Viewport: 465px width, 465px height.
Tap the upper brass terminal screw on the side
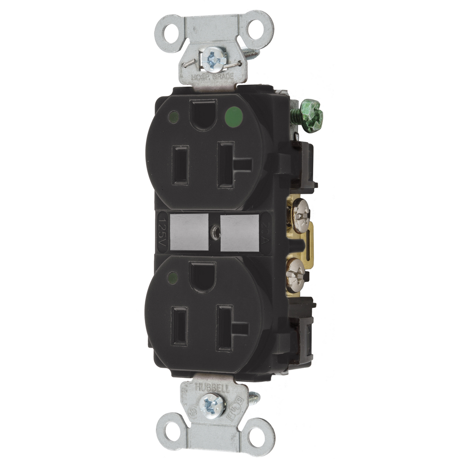(301, 215)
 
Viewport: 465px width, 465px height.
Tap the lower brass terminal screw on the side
(295, 275)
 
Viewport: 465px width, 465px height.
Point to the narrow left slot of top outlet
(180, 165)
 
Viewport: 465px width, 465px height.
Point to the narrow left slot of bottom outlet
(180, 326)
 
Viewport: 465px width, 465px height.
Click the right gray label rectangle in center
(239, 233)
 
